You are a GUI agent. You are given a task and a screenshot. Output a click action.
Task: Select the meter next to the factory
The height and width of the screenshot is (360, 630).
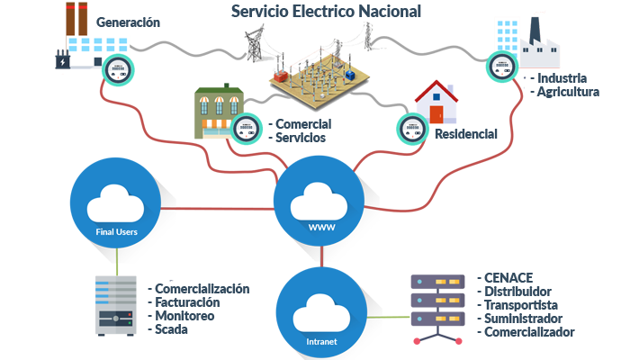(x=500, y=65)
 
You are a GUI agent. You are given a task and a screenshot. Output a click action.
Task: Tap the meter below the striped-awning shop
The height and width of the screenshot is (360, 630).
(x=242, y=127)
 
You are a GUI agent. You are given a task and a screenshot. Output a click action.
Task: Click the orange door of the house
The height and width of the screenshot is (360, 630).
(x=436, y=114)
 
